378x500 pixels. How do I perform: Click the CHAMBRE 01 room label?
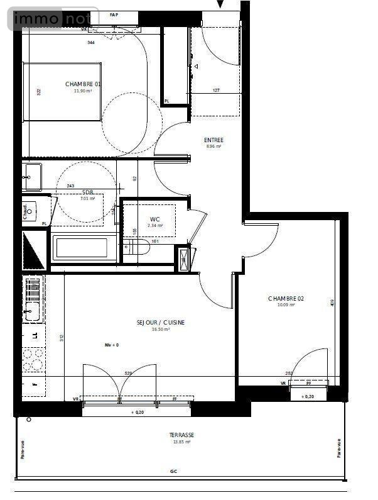(83, 84)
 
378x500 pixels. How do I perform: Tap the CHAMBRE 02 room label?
(286, 298)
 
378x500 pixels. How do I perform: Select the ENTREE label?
(213, 140)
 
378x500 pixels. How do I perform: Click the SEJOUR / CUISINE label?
(161, 322)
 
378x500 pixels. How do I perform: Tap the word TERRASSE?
(181, 435)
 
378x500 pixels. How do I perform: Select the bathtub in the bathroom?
(85, 248)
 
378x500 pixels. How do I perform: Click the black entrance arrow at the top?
(220, 4)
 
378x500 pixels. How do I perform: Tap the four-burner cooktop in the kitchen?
(33, 359)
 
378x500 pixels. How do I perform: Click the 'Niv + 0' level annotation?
(112, 345)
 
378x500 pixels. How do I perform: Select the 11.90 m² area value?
(83, 91)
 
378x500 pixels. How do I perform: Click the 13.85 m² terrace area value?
(181, 442)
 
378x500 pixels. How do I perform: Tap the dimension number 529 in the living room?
(128, 373)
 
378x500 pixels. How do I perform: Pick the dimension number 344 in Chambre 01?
(90, 43)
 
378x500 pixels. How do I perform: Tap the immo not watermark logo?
(53, 19)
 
